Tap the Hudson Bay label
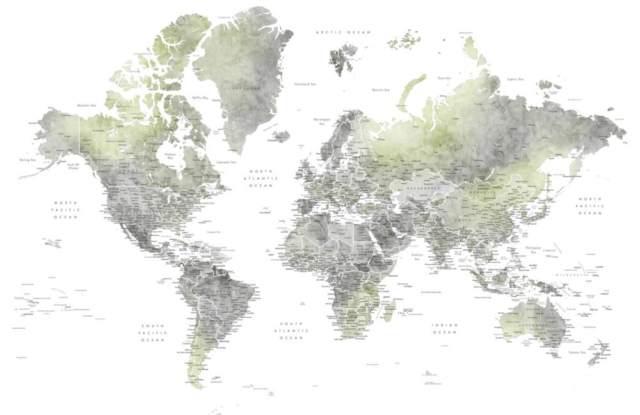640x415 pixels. tap(170, 156)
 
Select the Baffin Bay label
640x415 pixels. tap(200, 98)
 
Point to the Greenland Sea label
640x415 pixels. tap(305, 84)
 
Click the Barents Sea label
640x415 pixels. tap(381, 90)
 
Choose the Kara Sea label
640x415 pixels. tap(445, 78)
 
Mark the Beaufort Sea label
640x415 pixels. tap(86, 105)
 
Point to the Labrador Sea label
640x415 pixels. tap(226, 162)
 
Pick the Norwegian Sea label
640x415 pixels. tap(322, 121)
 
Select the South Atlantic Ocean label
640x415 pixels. tap(294, 330)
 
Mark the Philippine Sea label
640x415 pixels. tap(532, 249)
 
